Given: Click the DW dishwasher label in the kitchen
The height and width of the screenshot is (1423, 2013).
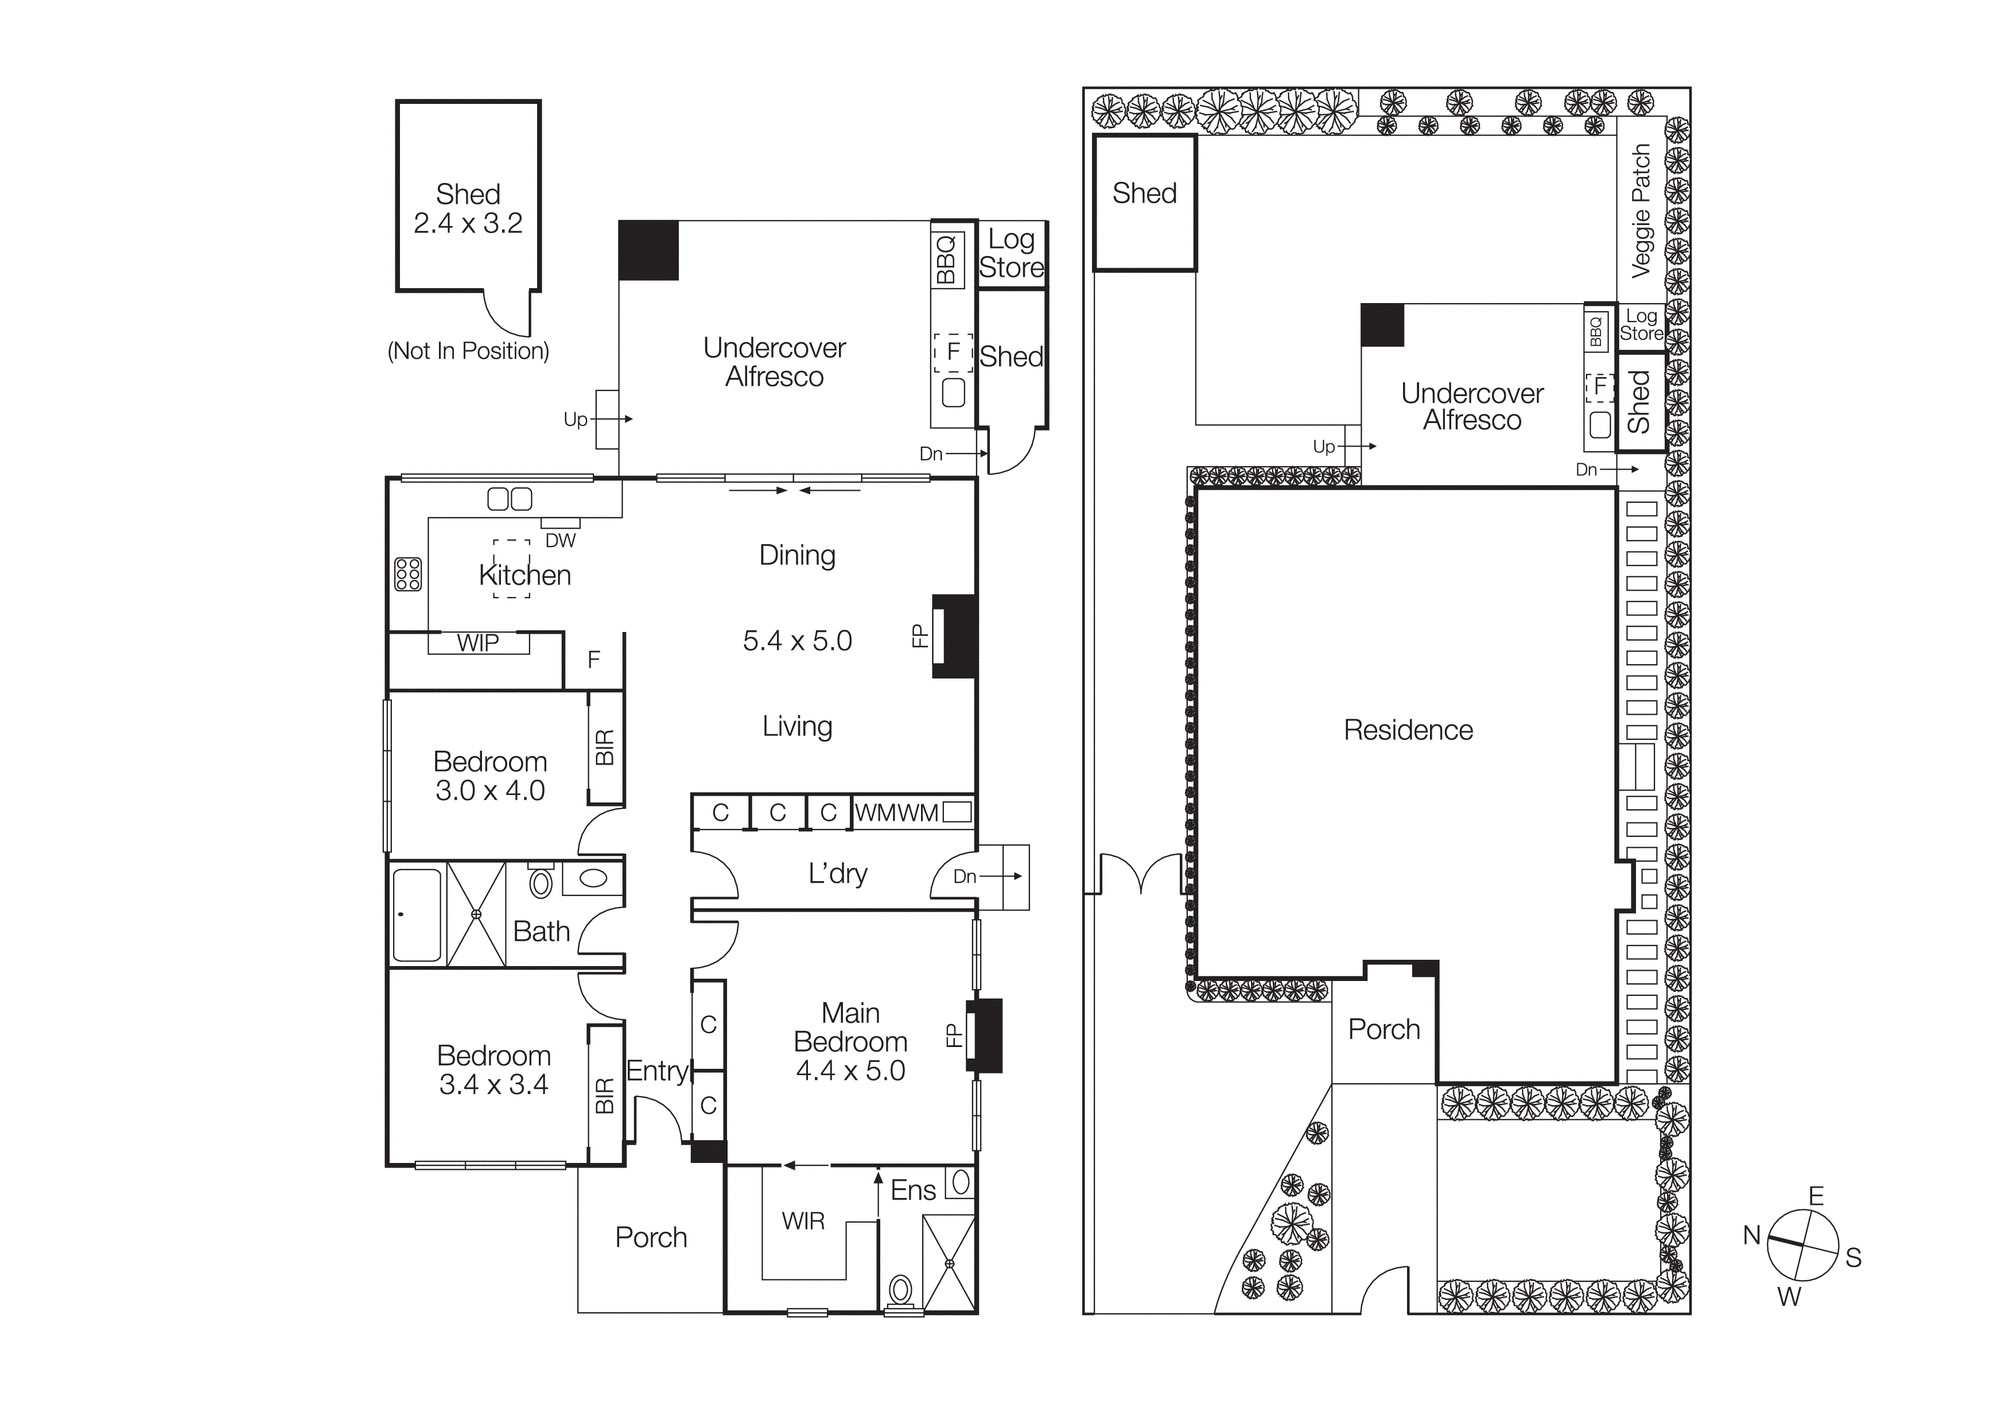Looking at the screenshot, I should click(560, 540).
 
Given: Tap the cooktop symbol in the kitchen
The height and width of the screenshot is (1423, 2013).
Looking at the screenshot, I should click(407, 573).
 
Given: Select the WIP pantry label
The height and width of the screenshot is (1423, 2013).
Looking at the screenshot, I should click(478, 643).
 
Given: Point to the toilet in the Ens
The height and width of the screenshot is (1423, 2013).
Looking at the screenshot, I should click(900, 1290).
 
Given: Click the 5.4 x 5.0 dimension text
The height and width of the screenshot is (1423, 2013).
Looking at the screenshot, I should click(797, 641).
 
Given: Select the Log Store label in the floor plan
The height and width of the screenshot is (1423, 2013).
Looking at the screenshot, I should click(1012, 253).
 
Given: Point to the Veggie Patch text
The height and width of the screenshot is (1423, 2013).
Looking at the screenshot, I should click(1641, 211).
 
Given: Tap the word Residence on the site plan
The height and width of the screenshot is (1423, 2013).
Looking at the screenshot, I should click(1408, 730).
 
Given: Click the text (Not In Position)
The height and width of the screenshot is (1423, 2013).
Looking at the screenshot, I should click(468, 351).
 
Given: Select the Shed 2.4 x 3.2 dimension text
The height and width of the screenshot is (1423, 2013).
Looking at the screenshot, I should click(468, 223).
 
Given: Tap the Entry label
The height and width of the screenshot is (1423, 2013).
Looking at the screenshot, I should click(656, 1071).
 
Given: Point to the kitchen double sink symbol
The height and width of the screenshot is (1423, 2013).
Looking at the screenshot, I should click(510, 500).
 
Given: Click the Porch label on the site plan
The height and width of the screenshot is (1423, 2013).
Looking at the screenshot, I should click(1384, 1029).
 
